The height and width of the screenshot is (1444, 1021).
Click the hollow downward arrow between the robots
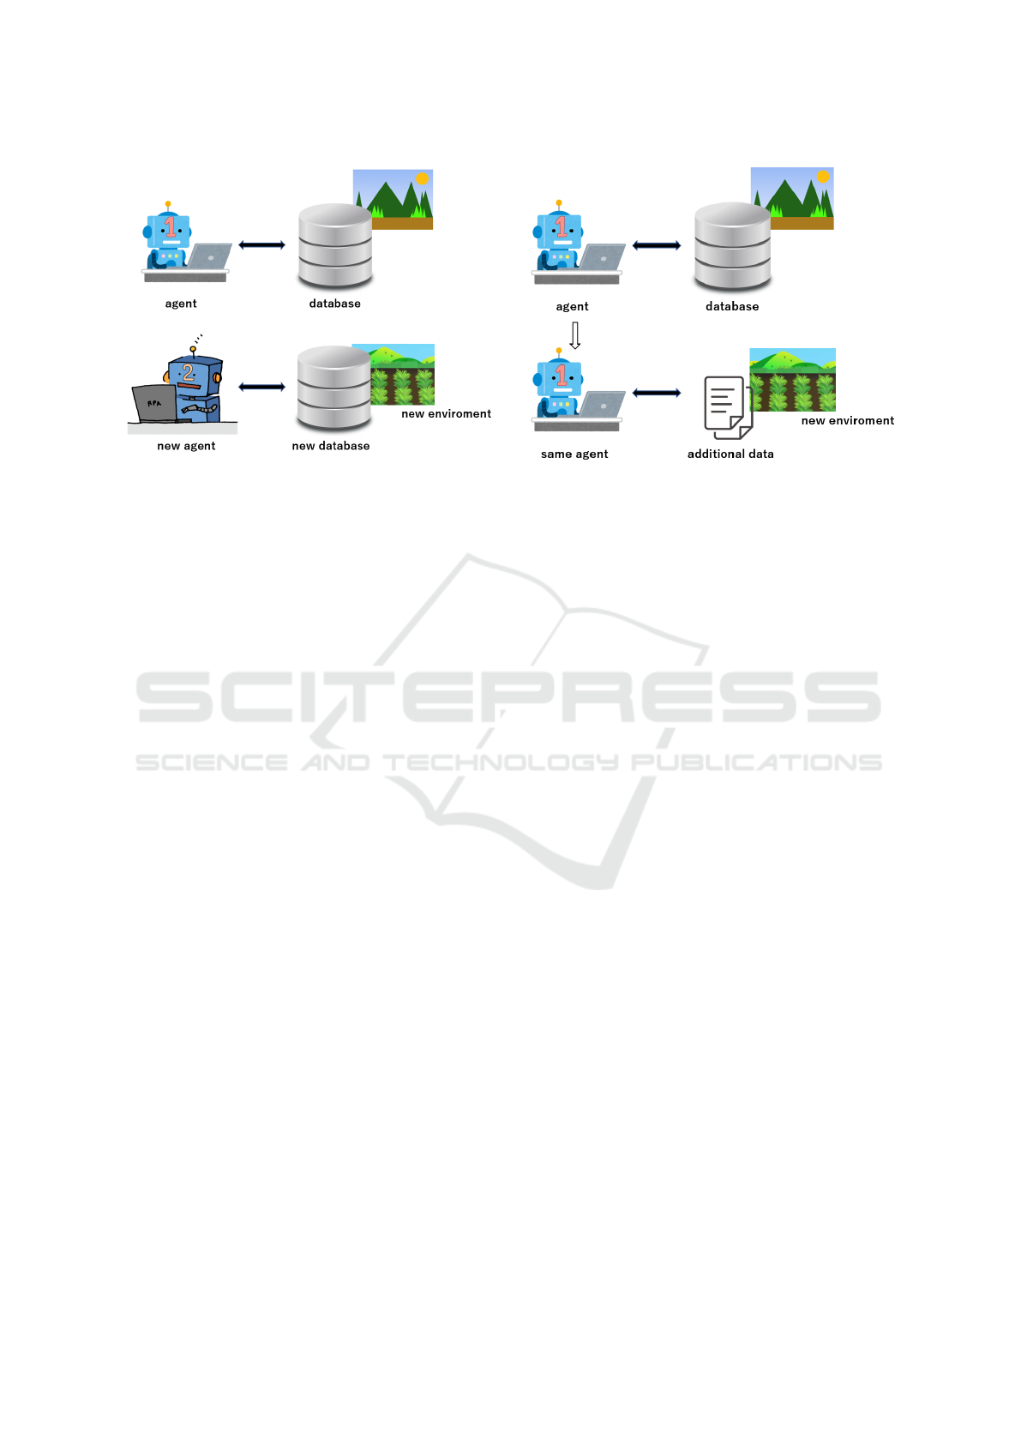[x=575, y=335]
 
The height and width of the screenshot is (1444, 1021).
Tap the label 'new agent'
[x=186, y=446]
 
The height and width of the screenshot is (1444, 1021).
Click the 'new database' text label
[x=331, y=446]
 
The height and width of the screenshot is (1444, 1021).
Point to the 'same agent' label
[x=574, y=454]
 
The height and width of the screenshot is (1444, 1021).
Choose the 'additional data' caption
[x=730, y=454]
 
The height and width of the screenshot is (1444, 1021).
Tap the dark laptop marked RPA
[x=154, y=403]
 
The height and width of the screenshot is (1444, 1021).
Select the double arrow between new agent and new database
[x=261, y=387]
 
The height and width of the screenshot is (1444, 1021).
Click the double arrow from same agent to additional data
[x=657, y=393]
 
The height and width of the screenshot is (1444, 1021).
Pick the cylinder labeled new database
[x=333, y=388]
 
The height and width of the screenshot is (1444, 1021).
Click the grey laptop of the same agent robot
[x=603, y=405]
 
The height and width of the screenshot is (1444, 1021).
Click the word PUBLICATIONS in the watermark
[x=756, y=762]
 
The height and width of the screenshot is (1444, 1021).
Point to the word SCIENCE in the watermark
[x=211, y=762]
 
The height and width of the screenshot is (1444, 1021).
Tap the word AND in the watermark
[x=335, y=762]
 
